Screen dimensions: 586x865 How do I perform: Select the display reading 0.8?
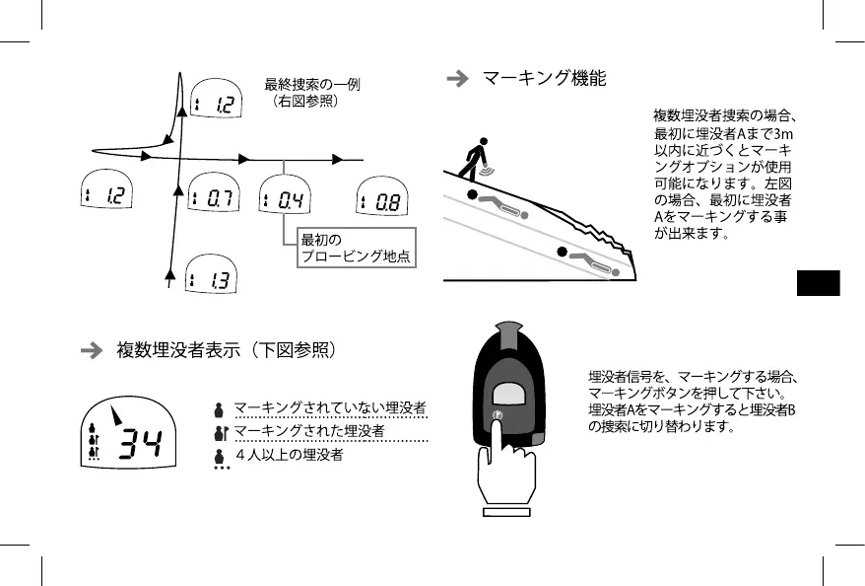379,202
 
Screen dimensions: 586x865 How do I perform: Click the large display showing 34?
129,435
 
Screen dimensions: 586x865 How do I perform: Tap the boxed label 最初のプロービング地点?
356,249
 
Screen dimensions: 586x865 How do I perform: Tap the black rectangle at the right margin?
818,283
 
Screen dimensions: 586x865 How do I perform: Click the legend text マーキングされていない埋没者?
329,407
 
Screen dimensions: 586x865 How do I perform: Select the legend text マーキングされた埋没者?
308,432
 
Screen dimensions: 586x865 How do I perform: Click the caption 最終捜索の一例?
312,85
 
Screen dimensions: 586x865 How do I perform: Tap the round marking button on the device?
498,416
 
